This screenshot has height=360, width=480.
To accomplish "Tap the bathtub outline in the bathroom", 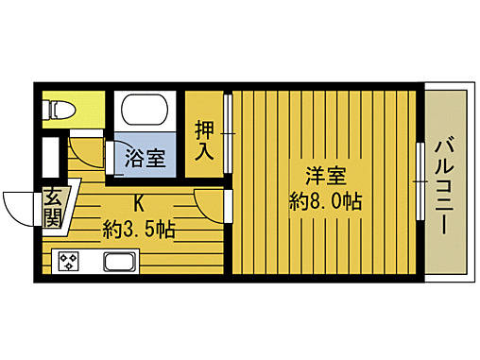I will [x=148, y=115].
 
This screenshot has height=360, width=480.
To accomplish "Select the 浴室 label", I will [x=146, y=158].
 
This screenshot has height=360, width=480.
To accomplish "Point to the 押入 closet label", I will [x=204, y=138].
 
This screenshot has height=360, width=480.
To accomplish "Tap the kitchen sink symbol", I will [x=120, y=262].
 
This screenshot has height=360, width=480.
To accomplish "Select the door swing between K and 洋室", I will [x=210, y=203].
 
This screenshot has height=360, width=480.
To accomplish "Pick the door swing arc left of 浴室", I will [x=90, y=154].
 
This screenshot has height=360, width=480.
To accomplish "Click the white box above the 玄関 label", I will [x=52, y=158].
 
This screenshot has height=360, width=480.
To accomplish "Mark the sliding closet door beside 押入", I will [x=228, y=132].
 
